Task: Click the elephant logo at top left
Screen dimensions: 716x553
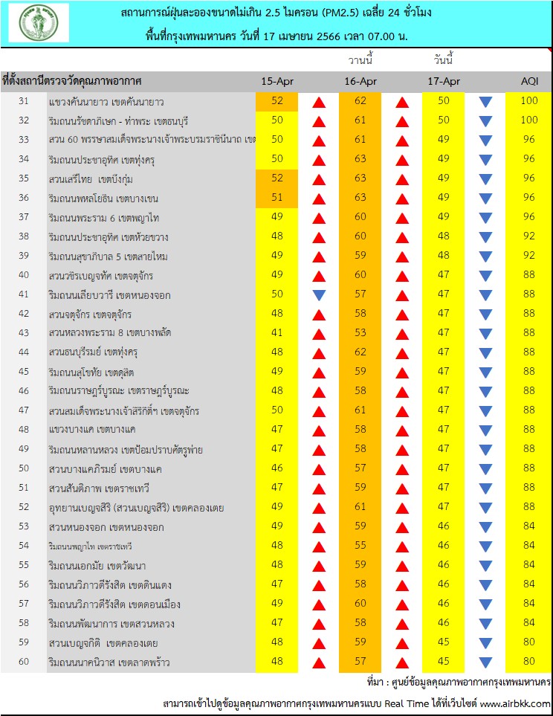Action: click(x=39, y=23)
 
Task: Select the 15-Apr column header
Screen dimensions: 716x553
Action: click(x=277, y=81)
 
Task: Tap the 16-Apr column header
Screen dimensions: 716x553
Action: click(x=360, y=81)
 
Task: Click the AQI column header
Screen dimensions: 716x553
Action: click(x=529, y=81)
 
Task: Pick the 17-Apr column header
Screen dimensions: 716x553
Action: click(x=444, y=81)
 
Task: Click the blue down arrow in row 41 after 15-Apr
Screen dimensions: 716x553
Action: click(x=319, y=295)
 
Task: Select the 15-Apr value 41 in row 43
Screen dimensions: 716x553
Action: click(x=277, y=333)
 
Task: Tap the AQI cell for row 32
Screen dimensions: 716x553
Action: click(x=529, y=120)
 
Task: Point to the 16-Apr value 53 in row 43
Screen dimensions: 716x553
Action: click(x=360, y=333)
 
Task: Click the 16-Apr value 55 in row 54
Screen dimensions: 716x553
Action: click(x=360, y=546)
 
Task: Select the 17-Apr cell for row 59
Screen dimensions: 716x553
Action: click(x=444, y=642)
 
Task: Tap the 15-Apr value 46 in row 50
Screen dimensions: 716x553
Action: click(x=277, y=468)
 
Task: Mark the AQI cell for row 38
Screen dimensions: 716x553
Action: click(x=529, y=236)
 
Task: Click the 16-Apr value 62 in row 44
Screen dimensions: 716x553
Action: click(x=360, y=352)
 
